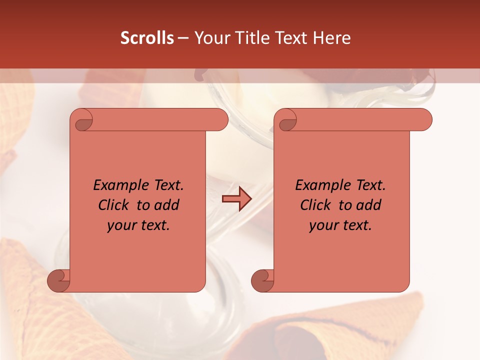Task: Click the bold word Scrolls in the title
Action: [x=147, y=38]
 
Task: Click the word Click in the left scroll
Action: [x=113, y=205]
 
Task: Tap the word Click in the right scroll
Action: [x=315, y=205]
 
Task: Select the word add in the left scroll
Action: [x=167, y=205]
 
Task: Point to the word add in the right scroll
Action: [x=369, y=205]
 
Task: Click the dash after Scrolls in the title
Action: [x=183, y=38]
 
